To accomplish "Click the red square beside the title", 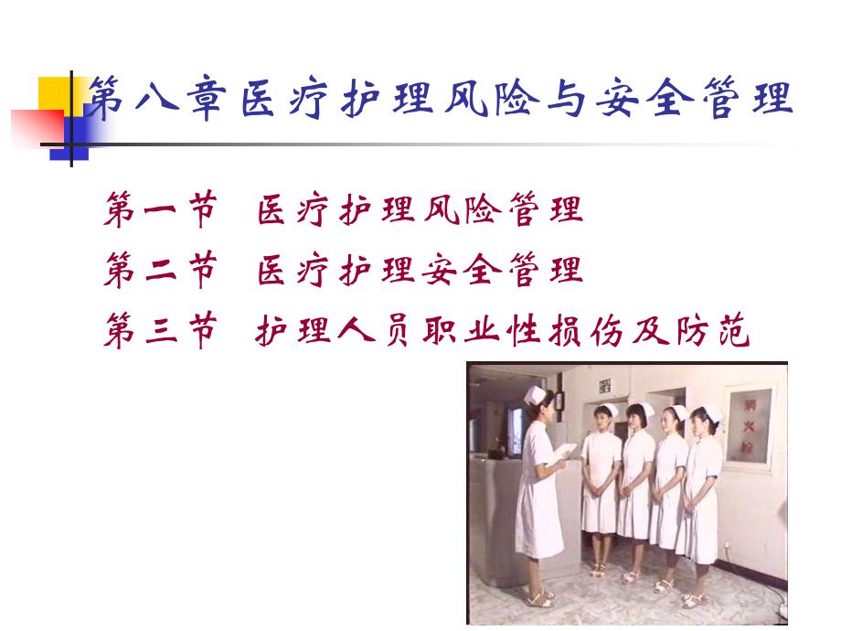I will (x=35, y=127).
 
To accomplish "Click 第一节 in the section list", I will (x=161, y=211).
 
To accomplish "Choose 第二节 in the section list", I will (x=161, y=272).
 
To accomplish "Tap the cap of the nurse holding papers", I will (x=535, y=394).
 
